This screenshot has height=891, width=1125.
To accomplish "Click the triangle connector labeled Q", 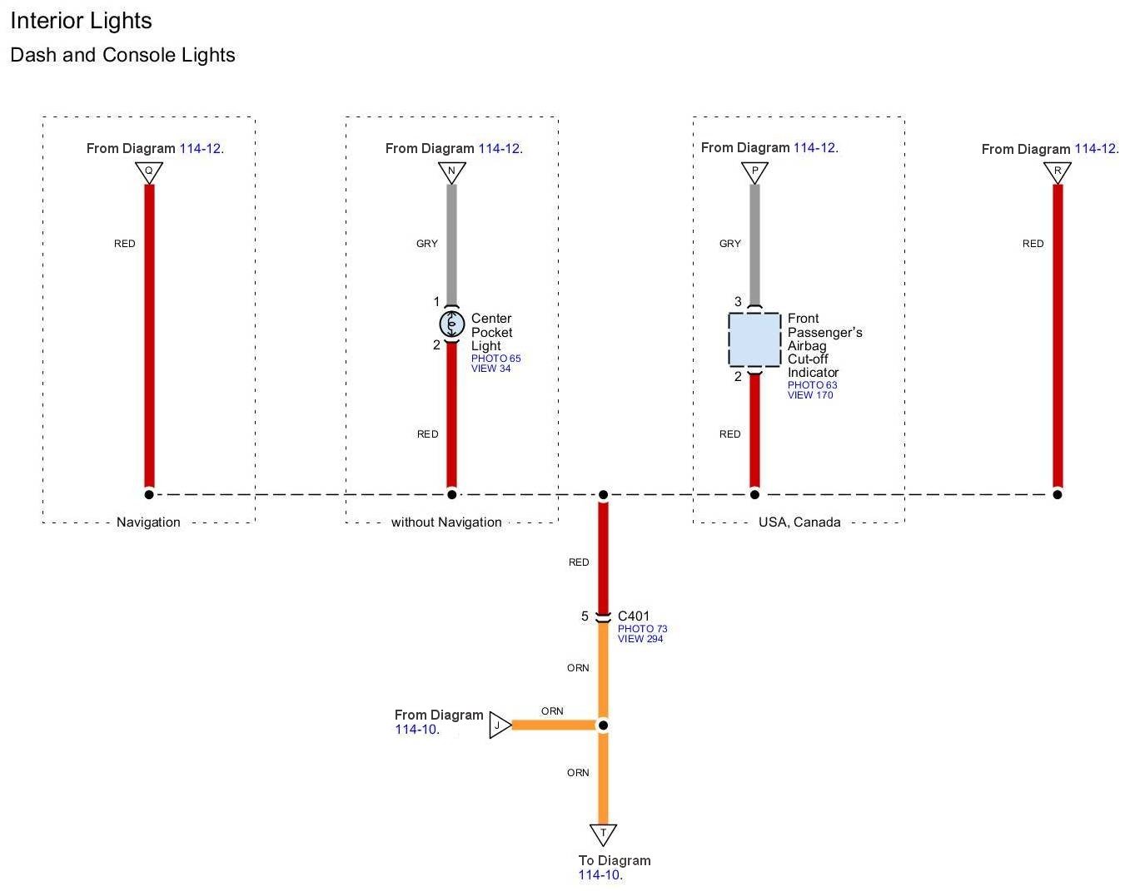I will pos(149,171).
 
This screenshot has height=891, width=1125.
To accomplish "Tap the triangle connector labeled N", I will pos(451,171).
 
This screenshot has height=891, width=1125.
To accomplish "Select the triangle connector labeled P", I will pos(754,171).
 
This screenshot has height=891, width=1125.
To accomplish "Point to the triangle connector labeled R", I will pos(1058,171).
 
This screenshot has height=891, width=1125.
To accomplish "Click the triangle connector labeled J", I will pos(499,725).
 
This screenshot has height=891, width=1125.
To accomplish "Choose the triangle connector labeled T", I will pos(603,833).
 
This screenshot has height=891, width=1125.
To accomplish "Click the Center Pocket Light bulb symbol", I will pos(451,324).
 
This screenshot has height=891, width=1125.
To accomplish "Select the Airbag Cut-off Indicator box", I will pos(754,339).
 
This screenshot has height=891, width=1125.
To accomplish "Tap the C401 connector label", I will pos(633,616).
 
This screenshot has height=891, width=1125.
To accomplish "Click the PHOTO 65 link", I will pos(495,359).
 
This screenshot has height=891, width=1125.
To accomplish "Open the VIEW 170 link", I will pos(810,395).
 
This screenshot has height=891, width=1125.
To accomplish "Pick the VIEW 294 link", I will pos(640,639).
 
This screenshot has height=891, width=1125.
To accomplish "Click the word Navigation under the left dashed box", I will pos(148,522).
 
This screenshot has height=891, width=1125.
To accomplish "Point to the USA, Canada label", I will pos(799,522).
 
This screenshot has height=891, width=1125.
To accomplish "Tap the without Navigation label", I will pos(446,522).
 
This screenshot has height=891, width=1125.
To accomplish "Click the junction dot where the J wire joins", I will pos(603,725).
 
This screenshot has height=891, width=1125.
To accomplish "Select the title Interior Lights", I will pos(81,21).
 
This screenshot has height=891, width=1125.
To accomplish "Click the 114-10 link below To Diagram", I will pos(599,875).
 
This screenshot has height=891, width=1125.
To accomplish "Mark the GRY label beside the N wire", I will pos(427,244).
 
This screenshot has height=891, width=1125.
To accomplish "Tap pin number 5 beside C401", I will pos(585,616).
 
